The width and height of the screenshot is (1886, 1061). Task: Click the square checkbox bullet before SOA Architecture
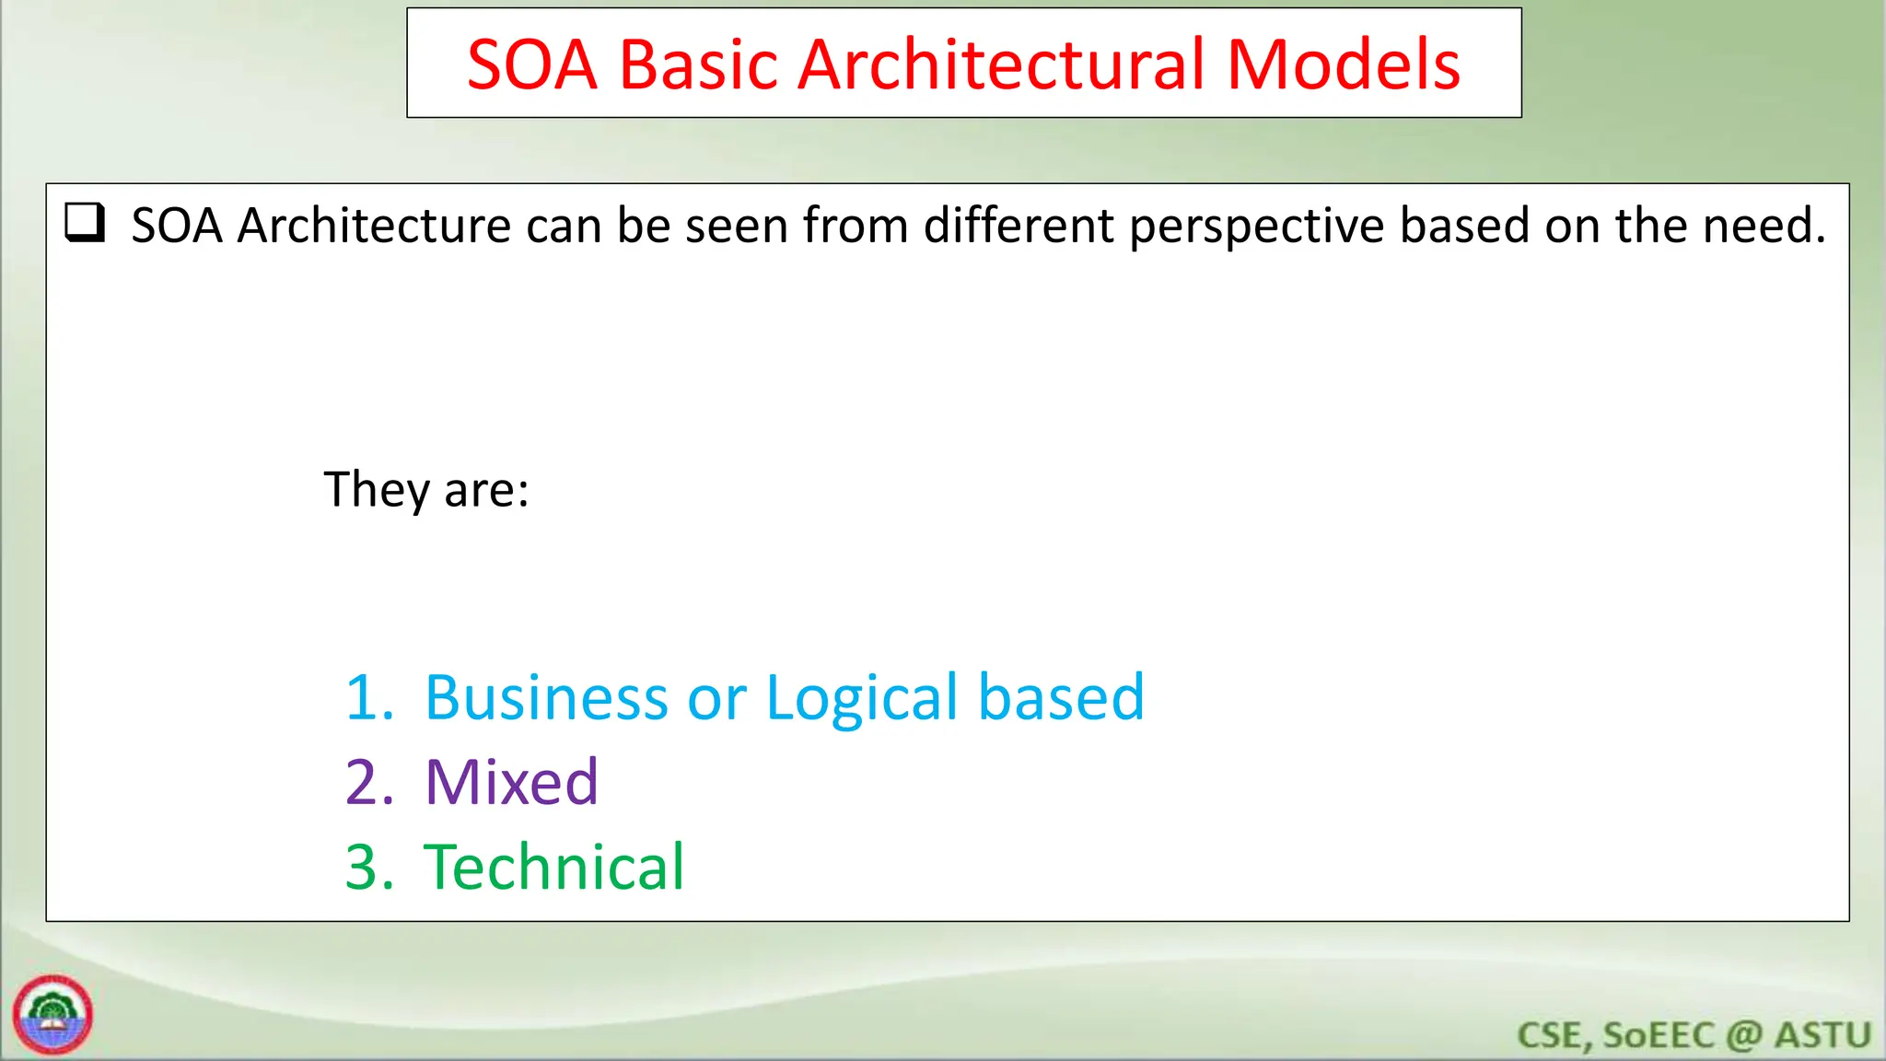(x=85, y=224)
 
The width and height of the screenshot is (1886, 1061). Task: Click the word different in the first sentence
(x=1019, y=225)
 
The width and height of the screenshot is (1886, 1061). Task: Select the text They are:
(x=426, y=489)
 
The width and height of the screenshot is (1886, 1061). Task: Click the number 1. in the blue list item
(x=369, y=697)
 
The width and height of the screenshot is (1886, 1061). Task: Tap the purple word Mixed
(x=511, y=782)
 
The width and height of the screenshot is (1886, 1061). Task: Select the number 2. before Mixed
(x=369, y=782)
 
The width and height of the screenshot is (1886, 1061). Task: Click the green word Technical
(x=553, y=867)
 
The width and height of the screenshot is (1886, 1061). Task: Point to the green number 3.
(x=369, y=867)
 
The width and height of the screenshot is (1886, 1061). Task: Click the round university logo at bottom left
(x=52, y=1014)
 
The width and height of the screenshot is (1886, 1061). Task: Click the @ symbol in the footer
(x=1743, y=1035)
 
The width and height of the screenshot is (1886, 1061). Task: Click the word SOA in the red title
(x=532, y=64)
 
